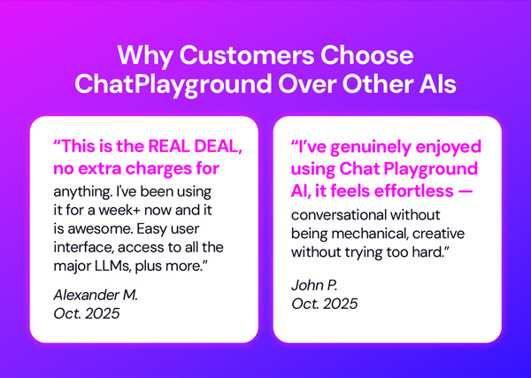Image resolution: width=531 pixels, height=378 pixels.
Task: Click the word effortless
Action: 413,187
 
